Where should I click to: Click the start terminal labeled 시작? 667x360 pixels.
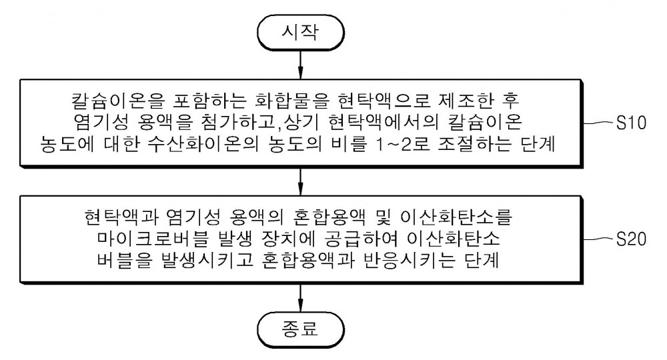click(300, 32)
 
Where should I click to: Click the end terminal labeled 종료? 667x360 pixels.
click(300, 329)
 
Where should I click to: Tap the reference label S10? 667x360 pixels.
click(631, 123)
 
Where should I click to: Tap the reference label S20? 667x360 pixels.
click(631, 239)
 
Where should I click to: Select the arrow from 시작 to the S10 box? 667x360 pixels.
click(301, 65)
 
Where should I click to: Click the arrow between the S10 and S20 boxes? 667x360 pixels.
click(301, 181)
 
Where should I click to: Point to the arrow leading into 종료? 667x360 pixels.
click(301, 297)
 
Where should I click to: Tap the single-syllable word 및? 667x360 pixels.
click(384, 217)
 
